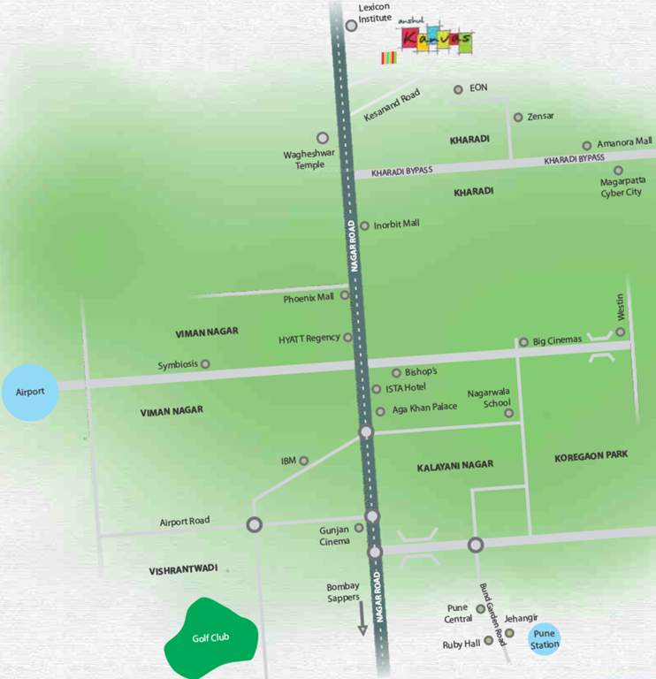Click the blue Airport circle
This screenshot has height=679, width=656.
coord(30,390)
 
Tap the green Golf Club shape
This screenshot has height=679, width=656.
coord(211,636)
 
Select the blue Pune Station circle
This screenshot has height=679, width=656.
coord(545,639)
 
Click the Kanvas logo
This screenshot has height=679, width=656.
coord(434,41)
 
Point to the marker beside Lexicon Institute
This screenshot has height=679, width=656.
coord(351,26)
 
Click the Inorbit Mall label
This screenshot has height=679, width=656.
coord(396,225)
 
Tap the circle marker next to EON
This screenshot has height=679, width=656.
coord(458,89)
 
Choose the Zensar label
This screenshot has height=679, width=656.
coord(540,117)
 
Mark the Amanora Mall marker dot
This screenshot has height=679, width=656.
coord(586,146)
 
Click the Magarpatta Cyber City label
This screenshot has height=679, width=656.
coord(622,187)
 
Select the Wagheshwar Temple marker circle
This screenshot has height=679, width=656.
coord(323,138)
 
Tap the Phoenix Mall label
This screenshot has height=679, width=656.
coord(309,299)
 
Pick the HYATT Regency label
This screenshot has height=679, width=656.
coord(309,339)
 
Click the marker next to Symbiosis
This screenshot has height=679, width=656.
coord(205,363)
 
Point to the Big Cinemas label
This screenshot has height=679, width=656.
coord(557,340)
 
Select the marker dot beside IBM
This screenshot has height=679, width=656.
coord(303,461)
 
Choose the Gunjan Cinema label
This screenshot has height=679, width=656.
coord(334,536)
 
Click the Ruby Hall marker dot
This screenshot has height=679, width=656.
coord(488,640)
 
